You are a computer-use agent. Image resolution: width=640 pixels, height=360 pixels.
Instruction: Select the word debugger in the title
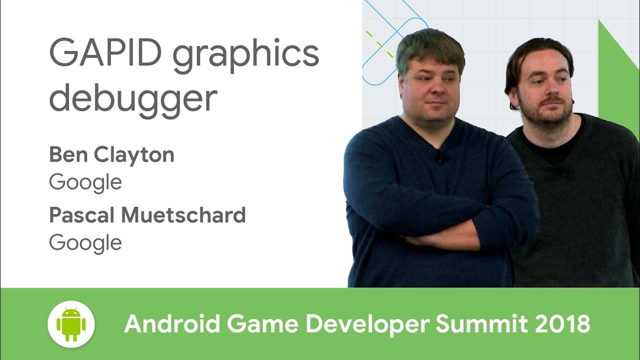pyautogui.click(x=133, y=97)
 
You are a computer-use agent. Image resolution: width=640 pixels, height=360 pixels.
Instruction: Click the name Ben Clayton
pyautogui.click(x=111, y=155)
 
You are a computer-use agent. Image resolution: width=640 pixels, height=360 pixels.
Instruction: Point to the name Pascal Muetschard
pyautogui.click(x=147, y=215)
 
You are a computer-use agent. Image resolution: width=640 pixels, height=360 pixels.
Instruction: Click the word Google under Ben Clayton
pyautogui.click(x=85, y=182)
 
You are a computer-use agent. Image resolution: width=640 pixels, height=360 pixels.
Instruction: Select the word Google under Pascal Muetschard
pyautogui.click(x=85, y=242)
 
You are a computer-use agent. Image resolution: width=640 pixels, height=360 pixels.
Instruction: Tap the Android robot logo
pyautogui.click(x=71, y=324)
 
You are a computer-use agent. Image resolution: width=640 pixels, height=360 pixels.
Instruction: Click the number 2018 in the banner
pyautogui.click(x=562, y=324)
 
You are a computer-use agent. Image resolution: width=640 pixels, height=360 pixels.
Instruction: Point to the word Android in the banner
pyautogui.click(x=172, y=324)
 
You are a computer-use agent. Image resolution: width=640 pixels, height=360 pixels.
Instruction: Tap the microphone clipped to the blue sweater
pyautogui.click(x=440, y=156)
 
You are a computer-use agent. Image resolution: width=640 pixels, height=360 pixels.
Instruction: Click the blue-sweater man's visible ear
pyautogui.click(x=400, y=82)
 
